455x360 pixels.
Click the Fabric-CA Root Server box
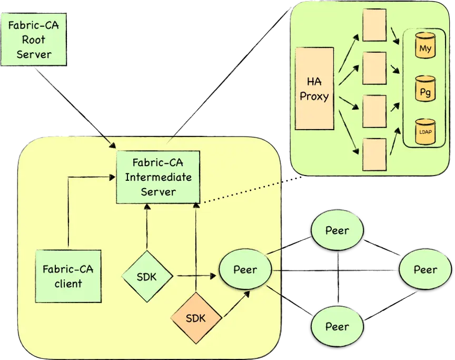[x=34, y=40]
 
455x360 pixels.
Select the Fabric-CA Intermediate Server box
[x=158, y=176]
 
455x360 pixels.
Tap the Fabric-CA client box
[x=68, y=276]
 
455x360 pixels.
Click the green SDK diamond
[x=147, y=276]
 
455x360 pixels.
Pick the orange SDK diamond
[x=196, y=318]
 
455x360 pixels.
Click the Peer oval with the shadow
[x=245, y=270]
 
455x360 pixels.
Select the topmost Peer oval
[x=337, y=230]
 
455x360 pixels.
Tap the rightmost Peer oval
[x=425, y=269]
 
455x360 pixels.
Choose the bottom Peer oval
[x=337, y=326]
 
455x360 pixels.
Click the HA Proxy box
[x=314, y=89]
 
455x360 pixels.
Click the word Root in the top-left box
[x=34, y=40]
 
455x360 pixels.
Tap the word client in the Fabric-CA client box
[x=68, y=284]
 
